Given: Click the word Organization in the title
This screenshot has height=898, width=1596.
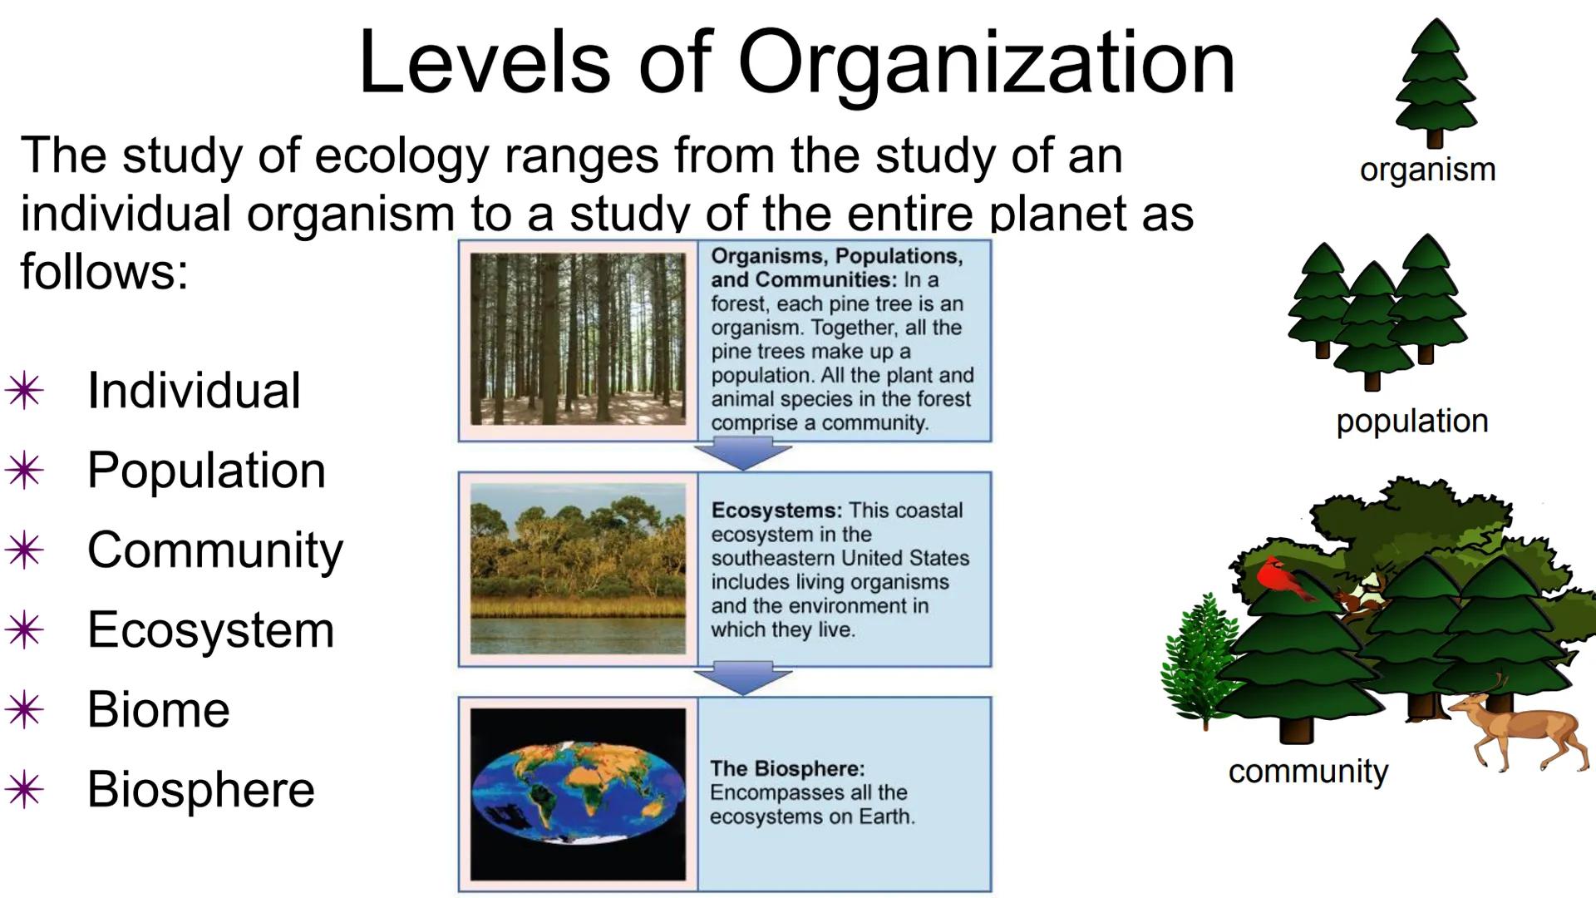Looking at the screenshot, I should click(x=986, y=63).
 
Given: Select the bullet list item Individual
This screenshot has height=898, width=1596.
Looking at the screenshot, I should click(x=194, y=390).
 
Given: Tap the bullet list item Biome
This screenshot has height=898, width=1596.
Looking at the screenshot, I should click(x=158, y=709).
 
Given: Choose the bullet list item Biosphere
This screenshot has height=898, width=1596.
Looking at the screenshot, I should click(x=200, y=789).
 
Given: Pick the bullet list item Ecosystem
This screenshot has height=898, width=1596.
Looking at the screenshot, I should click(x=210, y=629).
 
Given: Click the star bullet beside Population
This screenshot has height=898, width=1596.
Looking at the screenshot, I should click(x=24, y=471).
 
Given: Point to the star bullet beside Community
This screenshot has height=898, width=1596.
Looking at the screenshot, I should click(x=24, y=550).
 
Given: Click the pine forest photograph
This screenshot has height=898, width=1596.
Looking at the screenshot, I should click(x=578, y=339).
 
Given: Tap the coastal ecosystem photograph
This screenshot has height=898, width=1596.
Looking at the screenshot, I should click(x=578, y=569).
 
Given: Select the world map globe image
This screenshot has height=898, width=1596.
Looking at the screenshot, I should click(x=578, y=793).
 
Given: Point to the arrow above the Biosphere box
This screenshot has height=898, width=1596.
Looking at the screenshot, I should click(x=742, y=678).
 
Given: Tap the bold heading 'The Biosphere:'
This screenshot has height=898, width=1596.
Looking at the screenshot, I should click(x=786, y=768).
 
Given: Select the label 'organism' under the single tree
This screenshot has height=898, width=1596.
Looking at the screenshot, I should click(x=1427, y=170).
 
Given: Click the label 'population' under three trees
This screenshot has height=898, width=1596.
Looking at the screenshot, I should click(x=1411, y=421).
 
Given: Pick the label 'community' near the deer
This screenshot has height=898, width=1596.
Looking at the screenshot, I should click(x=1308, y=772).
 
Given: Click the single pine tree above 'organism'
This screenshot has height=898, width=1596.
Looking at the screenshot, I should click(x=1435, y=83).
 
